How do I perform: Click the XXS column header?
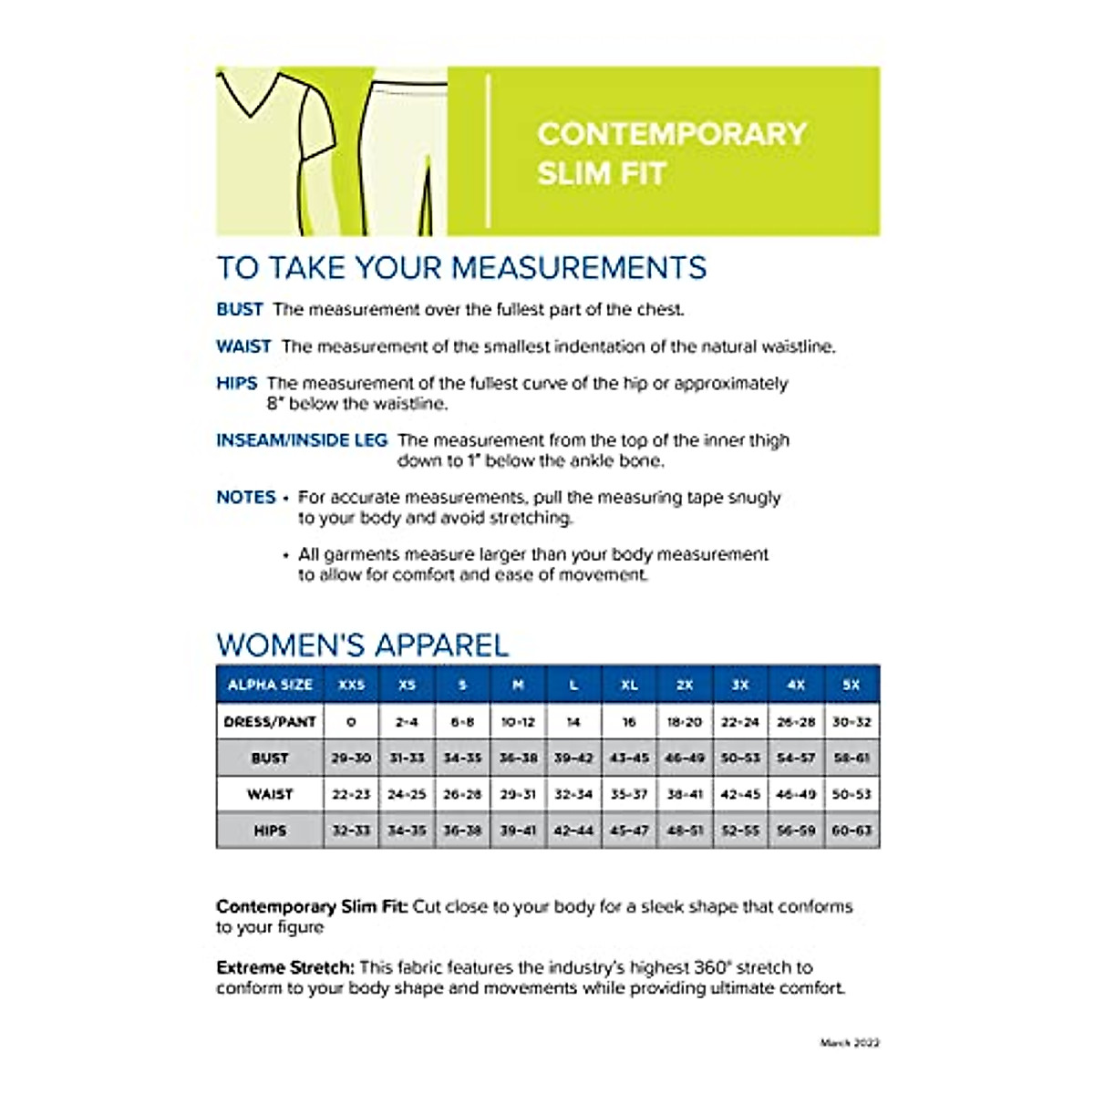coord(351,685)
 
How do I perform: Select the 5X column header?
coord(851,685)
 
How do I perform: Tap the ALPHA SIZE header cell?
coord(270,685)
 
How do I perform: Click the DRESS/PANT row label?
coord(270,721)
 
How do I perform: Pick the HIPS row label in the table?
coord(270,831)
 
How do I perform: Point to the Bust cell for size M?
coord(518,758)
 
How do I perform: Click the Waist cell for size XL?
coord(629,794)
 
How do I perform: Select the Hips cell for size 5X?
coord(851,831)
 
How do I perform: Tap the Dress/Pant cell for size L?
coord(573,721)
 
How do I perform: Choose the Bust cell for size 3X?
coord(740,758)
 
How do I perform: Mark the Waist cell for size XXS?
coord(351,794)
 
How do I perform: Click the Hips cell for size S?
coord(462,831)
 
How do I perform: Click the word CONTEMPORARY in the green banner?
coord(672,134)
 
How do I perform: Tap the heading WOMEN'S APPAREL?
coord(362,645)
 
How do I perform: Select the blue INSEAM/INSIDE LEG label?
coord(302,440)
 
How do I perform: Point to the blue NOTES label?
coord(246,497)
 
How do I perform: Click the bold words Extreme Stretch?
coord(284,967)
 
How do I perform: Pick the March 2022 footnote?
coord(850,1043)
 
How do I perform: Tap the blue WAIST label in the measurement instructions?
coord(243,346)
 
